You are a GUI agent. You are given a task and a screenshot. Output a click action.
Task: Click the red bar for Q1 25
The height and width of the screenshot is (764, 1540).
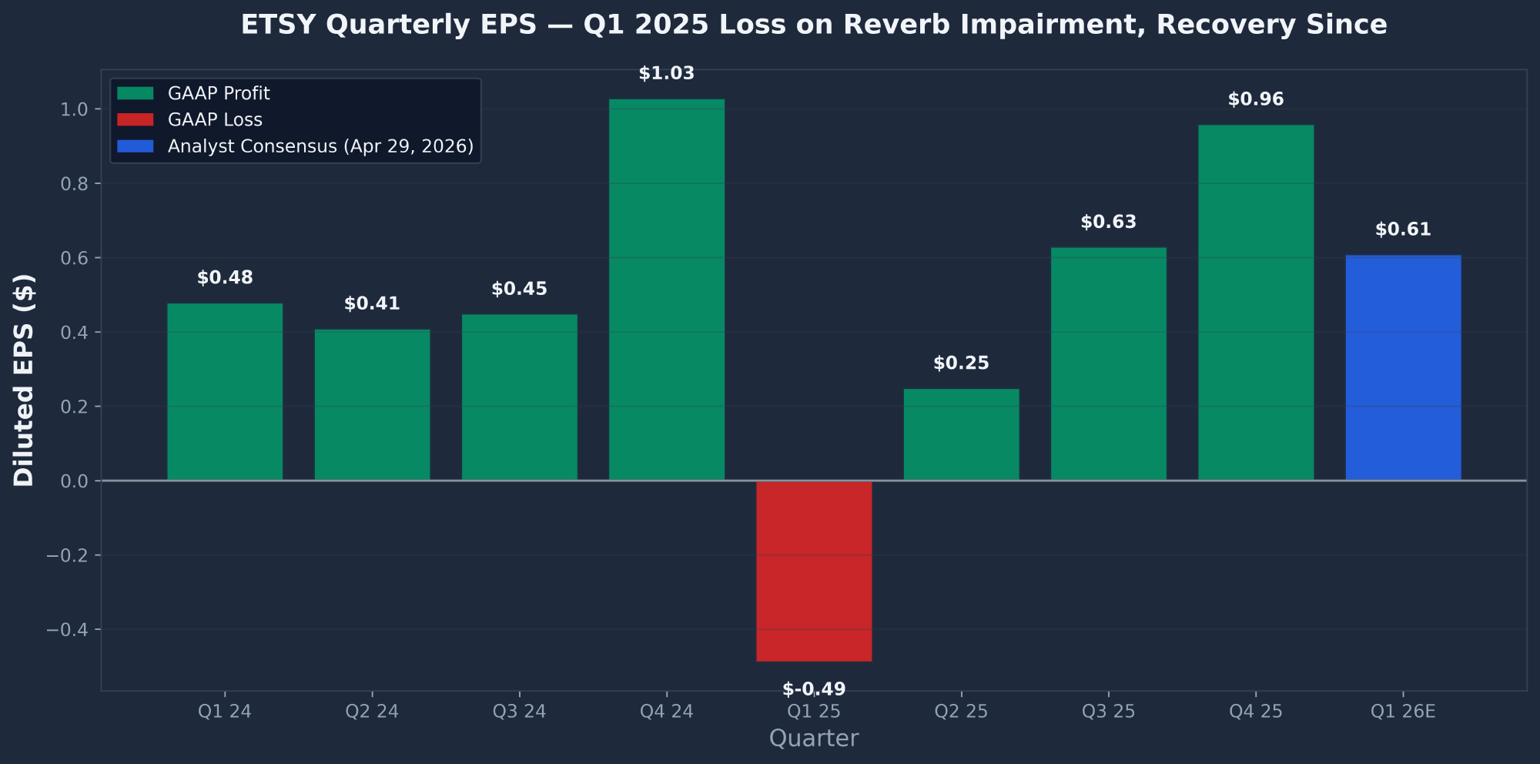click(x=814, y=571)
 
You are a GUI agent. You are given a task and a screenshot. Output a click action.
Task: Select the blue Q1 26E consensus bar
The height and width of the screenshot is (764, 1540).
click(x=1403, y=368)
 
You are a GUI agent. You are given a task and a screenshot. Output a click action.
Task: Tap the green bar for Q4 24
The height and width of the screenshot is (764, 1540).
click(x=666, y=290)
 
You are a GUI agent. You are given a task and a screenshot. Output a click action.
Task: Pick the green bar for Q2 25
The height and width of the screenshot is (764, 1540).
click(x=961, y=435)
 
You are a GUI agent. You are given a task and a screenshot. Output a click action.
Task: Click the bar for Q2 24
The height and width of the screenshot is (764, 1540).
click(x=372, y=405)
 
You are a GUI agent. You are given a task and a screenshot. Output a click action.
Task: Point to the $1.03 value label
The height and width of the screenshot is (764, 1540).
click(x=666, y=74)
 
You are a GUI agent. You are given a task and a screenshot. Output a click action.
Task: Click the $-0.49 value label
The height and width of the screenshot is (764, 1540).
click(x=814, y=689)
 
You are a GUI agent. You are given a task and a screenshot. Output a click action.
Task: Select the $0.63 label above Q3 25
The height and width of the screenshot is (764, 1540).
click(x=1108, y=223)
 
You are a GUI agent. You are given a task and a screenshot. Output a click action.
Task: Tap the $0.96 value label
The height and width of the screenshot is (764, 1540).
click(x=1256, y=99)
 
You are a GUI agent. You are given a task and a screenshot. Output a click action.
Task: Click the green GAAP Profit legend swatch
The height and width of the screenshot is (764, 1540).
click(x=136, y=93)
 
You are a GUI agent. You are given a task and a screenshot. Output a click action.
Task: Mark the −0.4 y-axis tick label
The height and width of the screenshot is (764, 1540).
click(x=69, y=630)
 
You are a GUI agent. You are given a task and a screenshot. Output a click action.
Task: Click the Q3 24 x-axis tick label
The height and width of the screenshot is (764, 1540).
click(x=519, y=711)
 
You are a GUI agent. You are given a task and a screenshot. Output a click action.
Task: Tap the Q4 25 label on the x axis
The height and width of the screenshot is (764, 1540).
click(x=1256, y=711)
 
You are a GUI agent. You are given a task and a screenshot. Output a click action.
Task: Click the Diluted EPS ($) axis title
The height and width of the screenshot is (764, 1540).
click(x=24, y=380)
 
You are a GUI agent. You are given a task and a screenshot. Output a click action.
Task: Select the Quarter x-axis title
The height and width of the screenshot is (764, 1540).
click(x=814, y=739)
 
